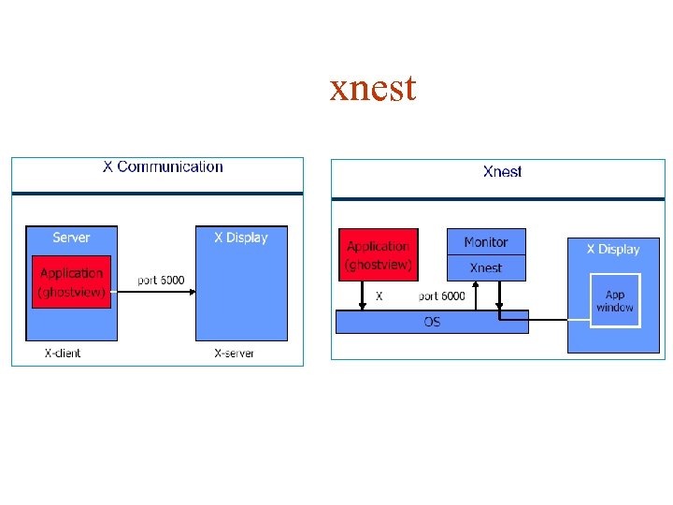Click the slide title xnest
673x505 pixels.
click(x=373, y=89)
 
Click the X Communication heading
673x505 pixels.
click(x=163, y=167)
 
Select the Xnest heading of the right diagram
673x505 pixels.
click(x=502, y=171)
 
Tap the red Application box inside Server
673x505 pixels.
click(x=71, y=281)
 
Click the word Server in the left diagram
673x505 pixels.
click(x=71, y=238)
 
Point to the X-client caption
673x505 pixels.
click(x=63, y=353)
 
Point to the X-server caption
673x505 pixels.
click(x=234, y=353)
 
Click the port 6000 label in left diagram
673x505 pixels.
click(x=161, y=280)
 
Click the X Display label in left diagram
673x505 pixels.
click(x=240, y=238)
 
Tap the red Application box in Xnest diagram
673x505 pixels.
click(x=378, y=254)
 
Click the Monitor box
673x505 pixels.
click(x=486, y=242)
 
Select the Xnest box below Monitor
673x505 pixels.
click(x=486, y=267)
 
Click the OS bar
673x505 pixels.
click(x=432, y=322)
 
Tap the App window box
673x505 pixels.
click(x=614, y=300)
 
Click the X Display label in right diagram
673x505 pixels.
click(x=613, y=250)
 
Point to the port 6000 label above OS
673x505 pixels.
click(x=441, y=296)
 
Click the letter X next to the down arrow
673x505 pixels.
click(x=379, y=296)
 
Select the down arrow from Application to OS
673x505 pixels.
click(x=363, y=295)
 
